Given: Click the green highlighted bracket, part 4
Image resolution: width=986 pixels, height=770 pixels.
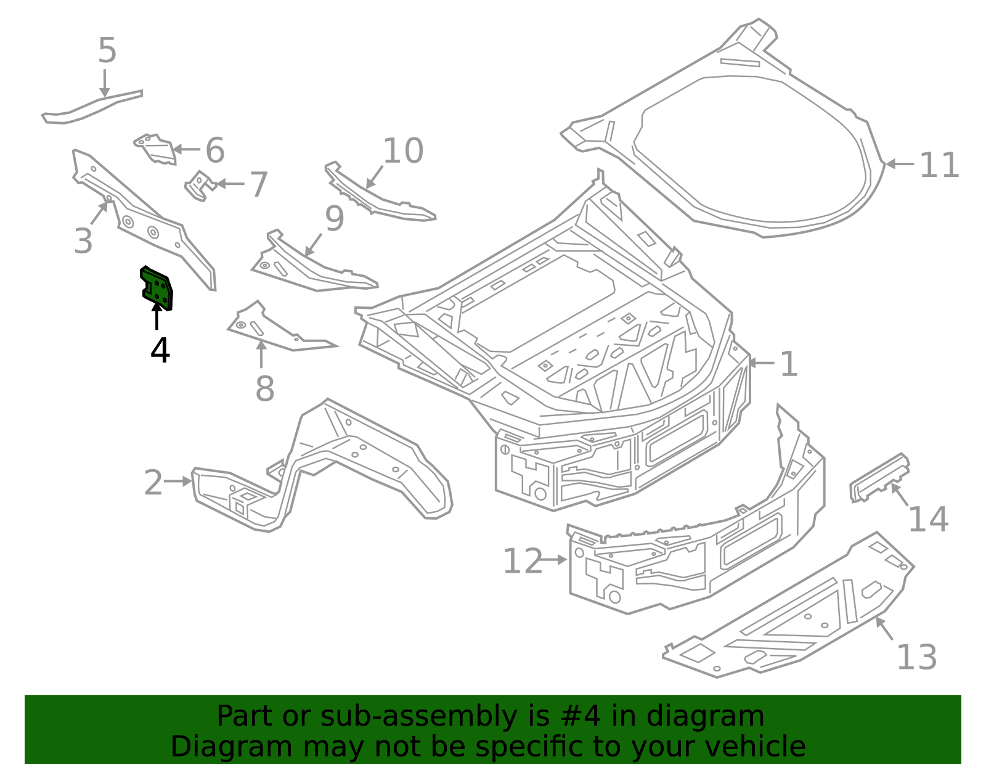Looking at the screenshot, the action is [157, 289].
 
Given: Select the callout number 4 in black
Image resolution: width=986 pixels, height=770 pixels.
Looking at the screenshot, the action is [160, 350].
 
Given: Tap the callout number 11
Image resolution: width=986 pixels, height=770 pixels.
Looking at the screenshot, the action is [939, 165].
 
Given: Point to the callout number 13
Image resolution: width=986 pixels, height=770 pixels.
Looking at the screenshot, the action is [916, 657].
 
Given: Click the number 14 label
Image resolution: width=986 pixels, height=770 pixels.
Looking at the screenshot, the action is [928, 520].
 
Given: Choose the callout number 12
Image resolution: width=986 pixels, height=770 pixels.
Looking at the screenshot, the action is [523, 561].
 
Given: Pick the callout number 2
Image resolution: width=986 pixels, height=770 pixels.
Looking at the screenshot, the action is [153, 482].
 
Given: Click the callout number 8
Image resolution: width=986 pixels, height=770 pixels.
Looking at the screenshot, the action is [265, 389].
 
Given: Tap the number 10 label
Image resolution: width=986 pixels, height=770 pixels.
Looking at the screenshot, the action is [404, 150].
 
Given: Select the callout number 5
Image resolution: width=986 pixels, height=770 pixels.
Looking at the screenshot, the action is [108, 51].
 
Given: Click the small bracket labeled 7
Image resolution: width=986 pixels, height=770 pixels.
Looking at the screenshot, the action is [200, 186].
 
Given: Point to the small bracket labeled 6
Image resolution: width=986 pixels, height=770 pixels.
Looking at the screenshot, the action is [155, 149].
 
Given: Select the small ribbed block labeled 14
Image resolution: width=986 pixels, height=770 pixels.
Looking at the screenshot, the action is [879, 478].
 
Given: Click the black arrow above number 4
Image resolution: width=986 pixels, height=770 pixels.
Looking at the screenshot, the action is [157, 316].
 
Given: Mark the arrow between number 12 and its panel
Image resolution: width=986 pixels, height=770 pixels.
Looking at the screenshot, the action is [554, 560].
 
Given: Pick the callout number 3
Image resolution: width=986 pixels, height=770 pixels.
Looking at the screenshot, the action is [83, 241].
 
